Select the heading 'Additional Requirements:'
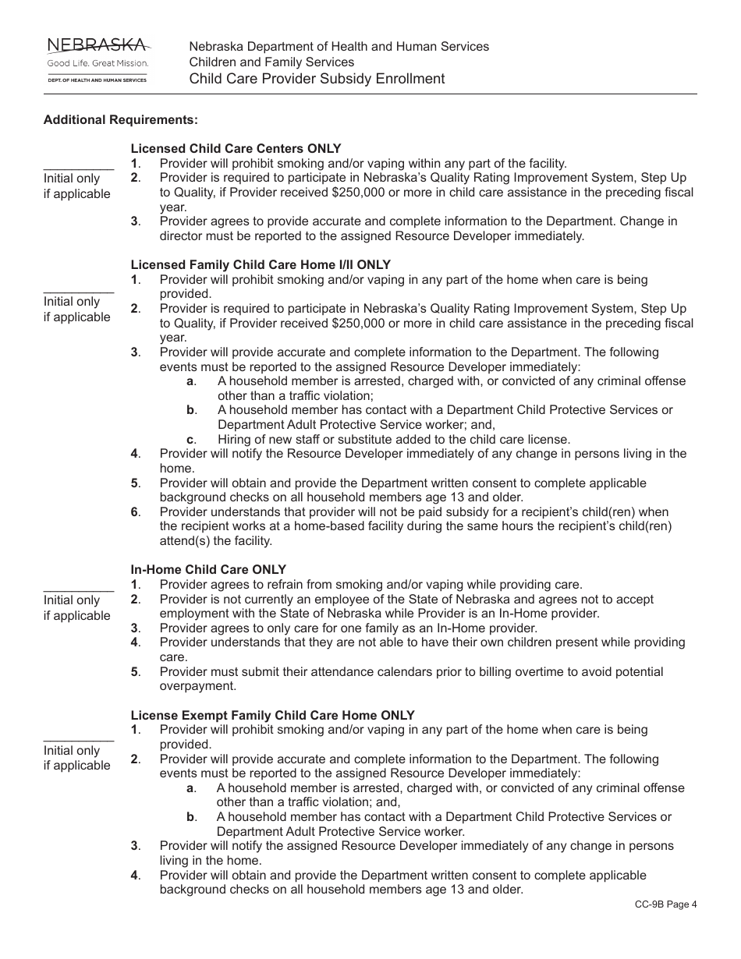(120, 120)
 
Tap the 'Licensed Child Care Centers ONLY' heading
(236, 149)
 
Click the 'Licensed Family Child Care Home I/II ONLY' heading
(261, 265)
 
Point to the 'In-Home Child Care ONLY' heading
(208, 570)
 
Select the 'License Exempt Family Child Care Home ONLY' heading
(272, 715)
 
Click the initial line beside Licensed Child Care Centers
(78, 168)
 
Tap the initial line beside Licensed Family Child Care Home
(78, 292)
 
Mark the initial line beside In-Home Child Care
(78, 590)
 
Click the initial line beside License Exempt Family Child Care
(78, 740)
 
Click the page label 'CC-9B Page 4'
(665, 904)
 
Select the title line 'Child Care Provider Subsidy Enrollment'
(317, 79)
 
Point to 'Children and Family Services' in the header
(271, 62)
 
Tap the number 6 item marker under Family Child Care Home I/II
(135, 512)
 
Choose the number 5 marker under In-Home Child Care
(135, 672)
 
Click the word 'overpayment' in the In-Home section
(197, 686)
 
